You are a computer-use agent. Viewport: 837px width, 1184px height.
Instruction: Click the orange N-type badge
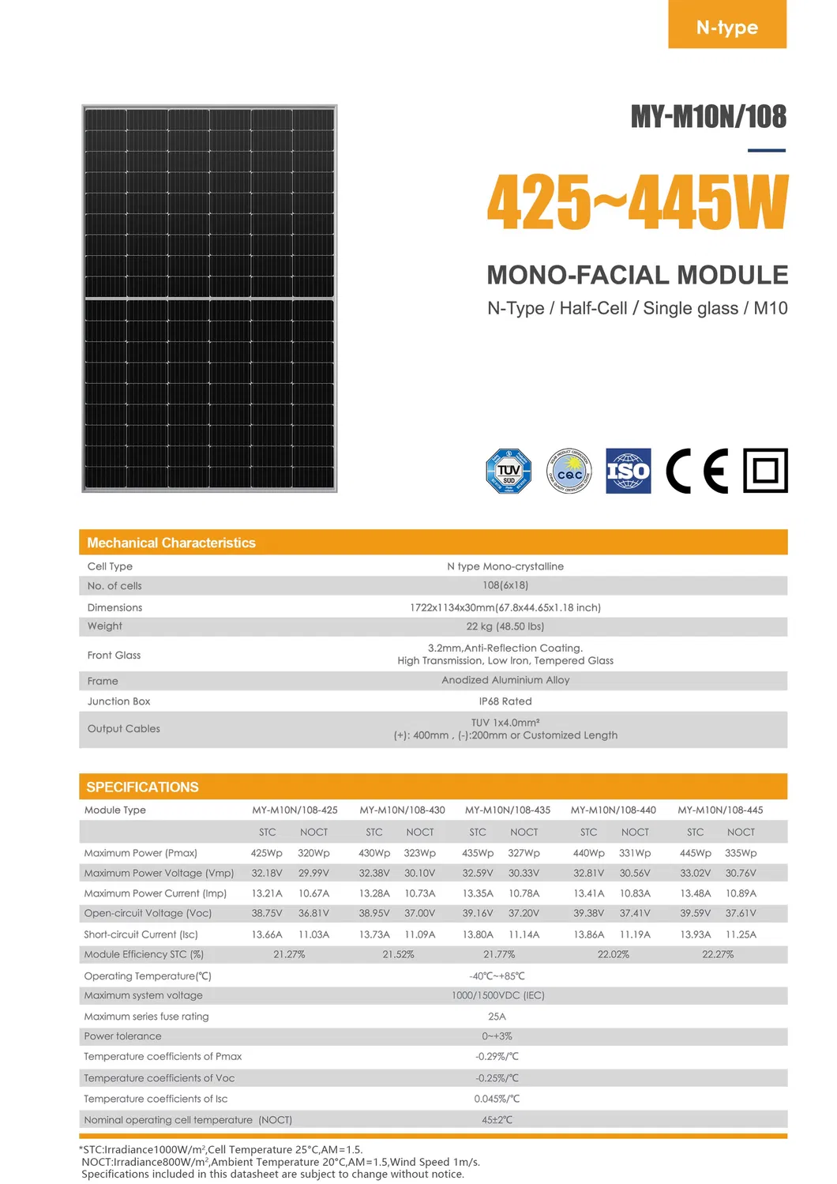[727, 26]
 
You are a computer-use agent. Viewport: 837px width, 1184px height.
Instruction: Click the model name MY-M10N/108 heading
[708, 117]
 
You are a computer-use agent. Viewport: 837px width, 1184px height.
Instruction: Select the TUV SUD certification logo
[509, 471]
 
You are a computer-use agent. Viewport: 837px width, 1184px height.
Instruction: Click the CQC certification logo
[569, 472]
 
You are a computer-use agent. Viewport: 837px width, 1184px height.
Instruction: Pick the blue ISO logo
[629, 471]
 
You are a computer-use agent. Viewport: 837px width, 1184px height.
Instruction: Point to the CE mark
[696, 471]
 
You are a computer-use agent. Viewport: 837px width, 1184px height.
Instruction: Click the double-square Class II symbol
[765, 471]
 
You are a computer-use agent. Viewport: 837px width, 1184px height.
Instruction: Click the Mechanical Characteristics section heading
[171, 543]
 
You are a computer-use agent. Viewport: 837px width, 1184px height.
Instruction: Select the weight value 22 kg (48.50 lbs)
[505, 626]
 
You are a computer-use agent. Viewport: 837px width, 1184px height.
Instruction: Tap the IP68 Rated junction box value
[505, 701]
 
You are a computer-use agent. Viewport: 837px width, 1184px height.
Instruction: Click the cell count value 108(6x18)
[505, 585]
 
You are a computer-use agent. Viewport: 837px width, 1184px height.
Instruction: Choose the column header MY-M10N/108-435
[508, 810]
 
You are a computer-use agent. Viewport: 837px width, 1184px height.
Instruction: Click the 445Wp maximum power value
[695, 853]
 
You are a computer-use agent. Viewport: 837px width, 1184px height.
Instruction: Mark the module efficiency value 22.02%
[614, 954]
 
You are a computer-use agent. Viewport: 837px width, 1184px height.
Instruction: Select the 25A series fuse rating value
[497, 1017]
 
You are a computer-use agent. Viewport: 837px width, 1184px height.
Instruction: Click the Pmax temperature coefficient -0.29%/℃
[497, 1056]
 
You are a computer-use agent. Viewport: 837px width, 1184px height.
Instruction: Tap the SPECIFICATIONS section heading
[142, 787]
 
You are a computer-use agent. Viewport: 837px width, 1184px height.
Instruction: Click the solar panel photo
[209, 299]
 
